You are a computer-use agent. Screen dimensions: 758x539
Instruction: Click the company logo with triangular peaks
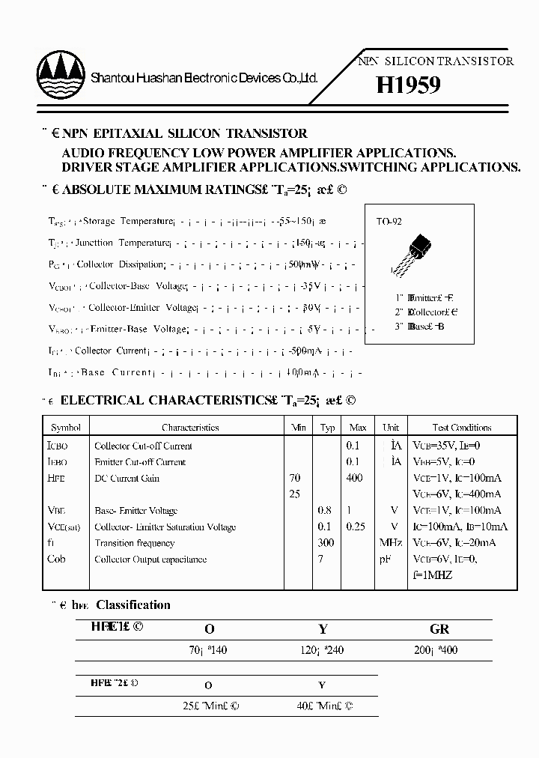coord(59,75)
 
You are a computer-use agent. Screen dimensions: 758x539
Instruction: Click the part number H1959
coord(408,85)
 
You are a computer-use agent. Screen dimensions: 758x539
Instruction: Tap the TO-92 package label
coord(389,222)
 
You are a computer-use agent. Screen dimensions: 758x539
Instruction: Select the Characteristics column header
coord(190,428)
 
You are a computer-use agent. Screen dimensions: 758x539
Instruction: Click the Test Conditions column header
coord(461,428)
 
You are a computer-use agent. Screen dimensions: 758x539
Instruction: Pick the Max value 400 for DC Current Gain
coord(354,478)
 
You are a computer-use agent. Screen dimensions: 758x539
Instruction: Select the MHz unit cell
coord(390,543)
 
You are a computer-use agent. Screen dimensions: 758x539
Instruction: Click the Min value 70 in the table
coord(294,478)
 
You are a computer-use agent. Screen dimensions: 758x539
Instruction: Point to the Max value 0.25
coord(356,527)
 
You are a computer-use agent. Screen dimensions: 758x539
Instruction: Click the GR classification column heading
coord(439,630)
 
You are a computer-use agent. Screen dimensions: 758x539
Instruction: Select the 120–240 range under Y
coord(322,650)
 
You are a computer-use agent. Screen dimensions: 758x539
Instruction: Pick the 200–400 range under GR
coord(435,650)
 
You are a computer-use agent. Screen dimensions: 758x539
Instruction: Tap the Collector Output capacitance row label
coord(150,560)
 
